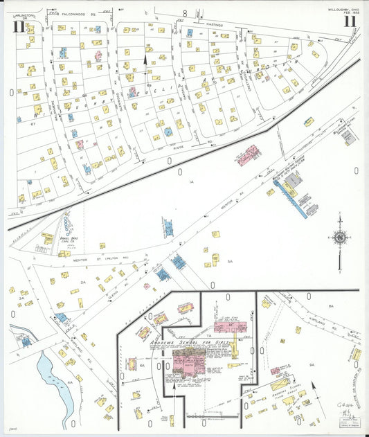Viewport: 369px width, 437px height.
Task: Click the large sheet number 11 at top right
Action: pyautogui.click(x=350, y=21)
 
